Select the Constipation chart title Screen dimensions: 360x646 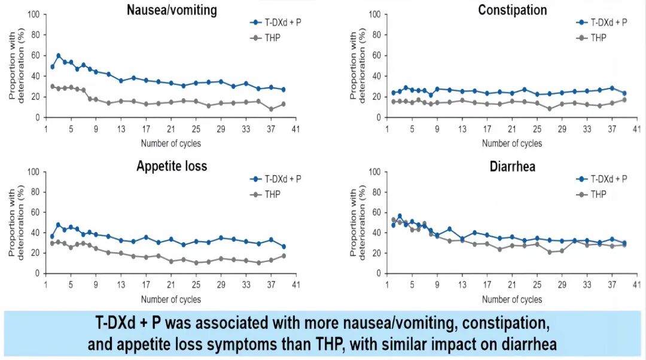[x=512, y=10]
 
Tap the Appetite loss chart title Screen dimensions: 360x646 [x=171, y=166]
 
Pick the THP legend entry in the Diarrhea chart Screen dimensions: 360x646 [x=599, y=194]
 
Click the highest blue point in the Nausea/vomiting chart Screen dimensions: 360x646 [x=59, y=56]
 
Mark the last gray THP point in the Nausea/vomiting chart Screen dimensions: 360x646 [x=284, y=104]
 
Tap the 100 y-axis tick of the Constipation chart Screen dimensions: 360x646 [x=375, y=14]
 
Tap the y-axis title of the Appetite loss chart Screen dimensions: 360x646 [x=16, y=222]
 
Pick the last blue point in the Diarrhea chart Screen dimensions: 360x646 [x=624, y=243]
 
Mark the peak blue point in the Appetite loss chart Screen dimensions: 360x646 [x=59, y=225]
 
